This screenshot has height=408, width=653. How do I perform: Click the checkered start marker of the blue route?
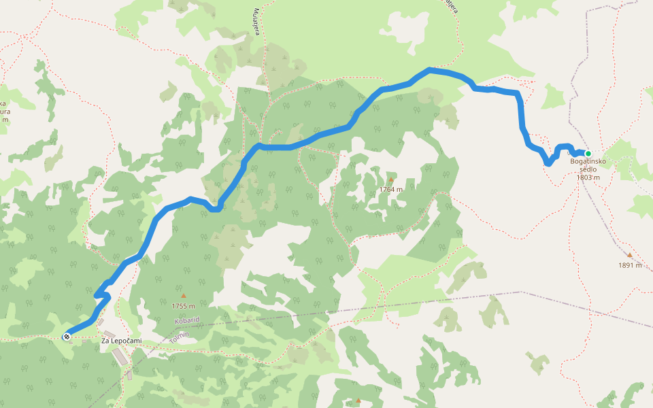(67, 337)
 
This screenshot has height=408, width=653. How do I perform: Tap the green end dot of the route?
(588, 154)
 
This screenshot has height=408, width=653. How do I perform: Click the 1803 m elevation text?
(588, 177)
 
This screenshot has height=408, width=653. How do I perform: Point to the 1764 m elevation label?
(391, 190)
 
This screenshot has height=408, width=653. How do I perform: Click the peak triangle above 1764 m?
(391, 180)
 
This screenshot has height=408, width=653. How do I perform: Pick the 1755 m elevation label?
(183, 306)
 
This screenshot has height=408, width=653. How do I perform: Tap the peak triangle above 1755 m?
(183, 296)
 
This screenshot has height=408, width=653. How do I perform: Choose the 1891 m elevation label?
(630, 265)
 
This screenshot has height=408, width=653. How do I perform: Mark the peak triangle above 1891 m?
(630, 256)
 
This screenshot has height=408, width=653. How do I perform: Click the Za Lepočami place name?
(116, 341)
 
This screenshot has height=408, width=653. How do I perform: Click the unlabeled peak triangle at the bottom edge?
(358, 401)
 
